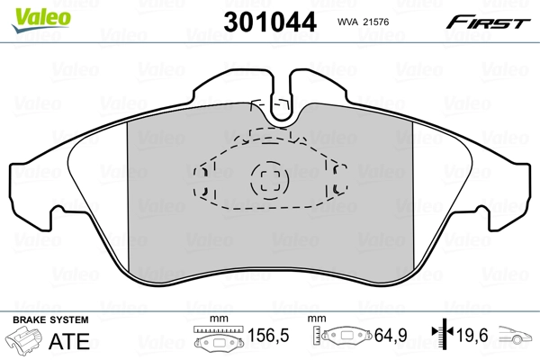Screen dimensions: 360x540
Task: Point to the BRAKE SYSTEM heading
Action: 50,320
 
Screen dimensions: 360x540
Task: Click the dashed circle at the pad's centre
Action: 266,181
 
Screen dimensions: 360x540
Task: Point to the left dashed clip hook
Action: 204,181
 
